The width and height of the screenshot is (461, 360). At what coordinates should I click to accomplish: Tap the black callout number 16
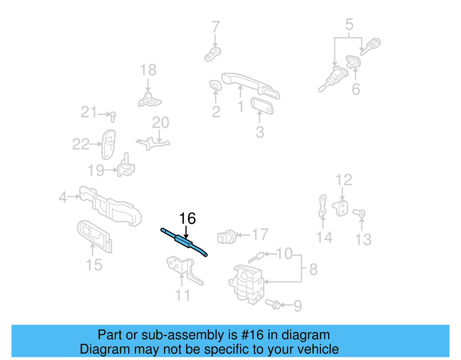click(187, 219)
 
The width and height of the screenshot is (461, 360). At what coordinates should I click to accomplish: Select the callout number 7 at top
click(216, 27)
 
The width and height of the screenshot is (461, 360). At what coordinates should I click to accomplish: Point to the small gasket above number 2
click(215, 85)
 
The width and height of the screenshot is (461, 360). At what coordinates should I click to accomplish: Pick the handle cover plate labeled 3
click(262, 105)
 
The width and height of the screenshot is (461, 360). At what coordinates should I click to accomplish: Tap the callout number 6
click(356, 89)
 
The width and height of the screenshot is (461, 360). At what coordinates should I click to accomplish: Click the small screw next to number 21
click(113, 116)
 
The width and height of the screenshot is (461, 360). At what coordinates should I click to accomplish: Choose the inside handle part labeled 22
click(109, 144)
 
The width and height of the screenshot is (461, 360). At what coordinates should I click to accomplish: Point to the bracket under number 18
click(149, 100)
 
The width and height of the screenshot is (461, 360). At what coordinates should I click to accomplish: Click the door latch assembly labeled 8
click(247, 284)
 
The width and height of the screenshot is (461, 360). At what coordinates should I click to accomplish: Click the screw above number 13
click(360, 213)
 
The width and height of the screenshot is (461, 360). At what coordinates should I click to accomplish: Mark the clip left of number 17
click(226, 237)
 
